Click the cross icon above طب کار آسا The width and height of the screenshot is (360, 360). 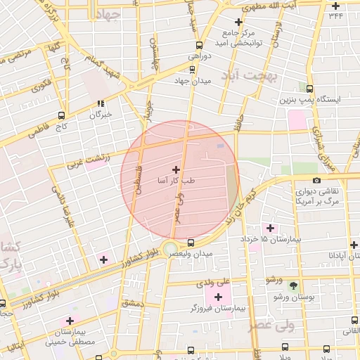[x=175, y=169]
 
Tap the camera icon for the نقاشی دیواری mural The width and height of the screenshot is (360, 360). [x=317, y=180]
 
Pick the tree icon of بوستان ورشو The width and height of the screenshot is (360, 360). [x=293, y=285]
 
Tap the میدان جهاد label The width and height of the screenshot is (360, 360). [x=192, y=81]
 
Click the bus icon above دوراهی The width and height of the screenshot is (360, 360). [x=193, y=43]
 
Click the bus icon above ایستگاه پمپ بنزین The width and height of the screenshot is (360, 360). [x=310, y=89]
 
